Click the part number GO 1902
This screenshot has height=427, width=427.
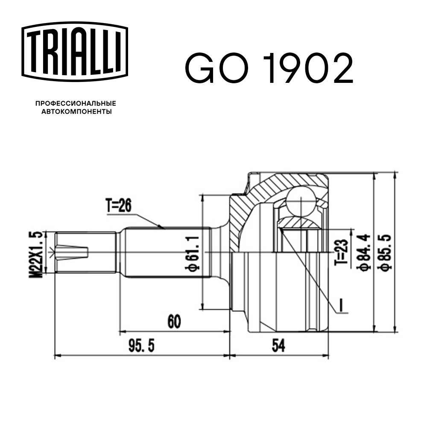pyautogui.click(x=269, y=68)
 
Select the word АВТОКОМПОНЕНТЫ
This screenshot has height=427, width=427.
pyautogui.click(x=76, y=112)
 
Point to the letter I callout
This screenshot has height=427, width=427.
pyautogui.click(x=341, y=304)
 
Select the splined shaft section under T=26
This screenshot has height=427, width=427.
pyautogui.click(x=167, y=252)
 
